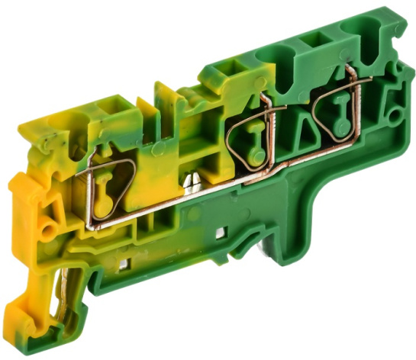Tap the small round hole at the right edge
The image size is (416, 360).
tap(395, 115)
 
